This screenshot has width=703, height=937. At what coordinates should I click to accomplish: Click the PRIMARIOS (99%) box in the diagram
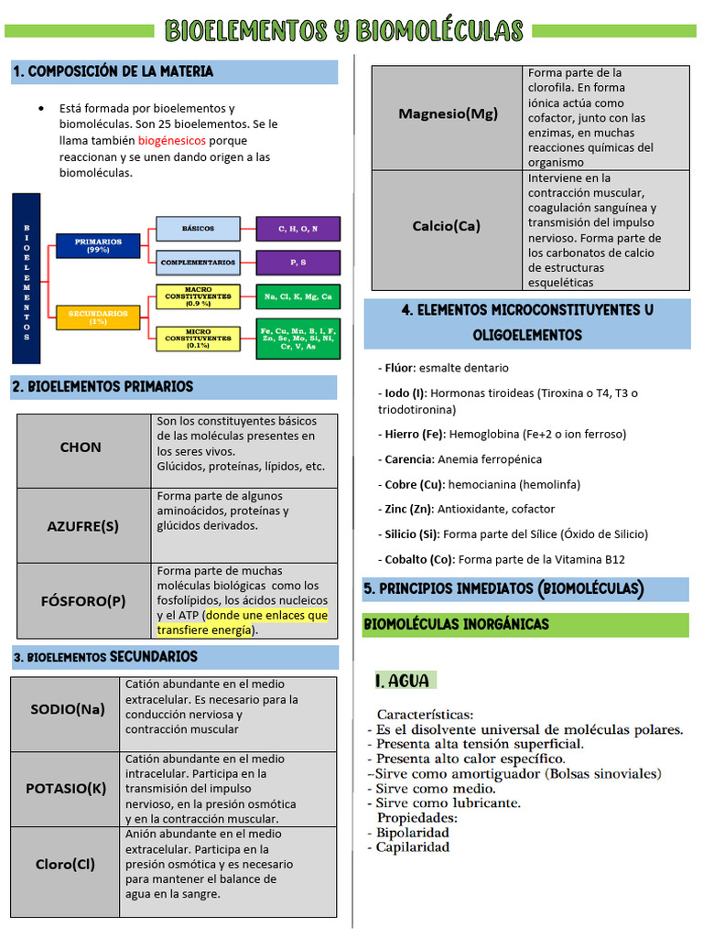(x=98, y=245)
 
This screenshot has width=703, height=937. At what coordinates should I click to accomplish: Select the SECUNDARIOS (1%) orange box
(x=98, y=318)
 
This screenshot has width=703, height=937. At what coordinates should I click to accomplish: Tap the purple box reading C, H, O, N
(x=298, y=229)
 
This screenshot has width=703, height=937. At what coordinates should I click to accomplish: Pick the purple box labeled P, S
(x=298, y=263)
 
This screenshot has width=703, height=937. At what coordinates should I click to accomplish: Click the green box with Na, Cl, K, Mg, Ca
(x=298, y=296)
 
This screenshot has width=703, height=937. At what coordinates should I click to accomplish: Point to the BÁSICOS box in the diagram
(x=198, y=229)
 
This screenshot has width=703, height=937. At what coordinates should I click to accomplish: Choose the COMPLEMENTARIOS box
(x=198, y=263)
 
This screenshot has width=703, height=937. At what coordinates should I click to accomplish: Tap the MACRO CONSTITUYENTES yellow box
(x=198, y=296)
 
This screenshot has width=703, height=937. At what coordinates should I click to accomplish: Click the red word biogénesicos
(x=172, y=141)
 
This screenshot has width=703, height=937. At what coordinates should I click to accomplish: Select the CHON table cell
(x=81, y=447)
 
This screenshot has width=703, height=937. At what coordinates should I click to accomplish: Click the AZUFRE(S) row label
(x=83, y=526)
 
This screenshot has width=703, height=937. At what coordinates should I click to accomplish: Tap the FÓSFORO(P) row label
(x=83, y=601)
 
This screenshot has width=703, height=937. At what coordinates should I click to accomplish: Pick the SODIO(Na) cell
(x=68, y=709)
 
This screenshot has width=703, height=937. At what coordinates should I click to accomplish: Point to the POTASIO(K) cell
(x=66, y=789)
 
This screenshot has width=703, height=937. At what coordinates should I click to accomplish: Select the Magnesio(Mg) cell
(x=449, y=114)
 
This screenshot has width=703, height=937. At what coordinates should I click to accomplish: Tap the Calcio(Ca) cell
(x=447, y=226)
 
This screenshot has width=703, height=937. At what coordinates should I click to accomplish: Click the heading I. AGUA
(x=403, y=681)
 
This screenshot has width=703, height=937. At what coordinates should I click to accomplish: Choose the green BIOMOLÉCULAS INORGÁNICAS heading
(x=456, y=624)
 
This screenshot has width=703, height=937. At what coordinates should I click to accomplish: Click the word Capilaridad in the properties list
(x=413, y=847)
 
